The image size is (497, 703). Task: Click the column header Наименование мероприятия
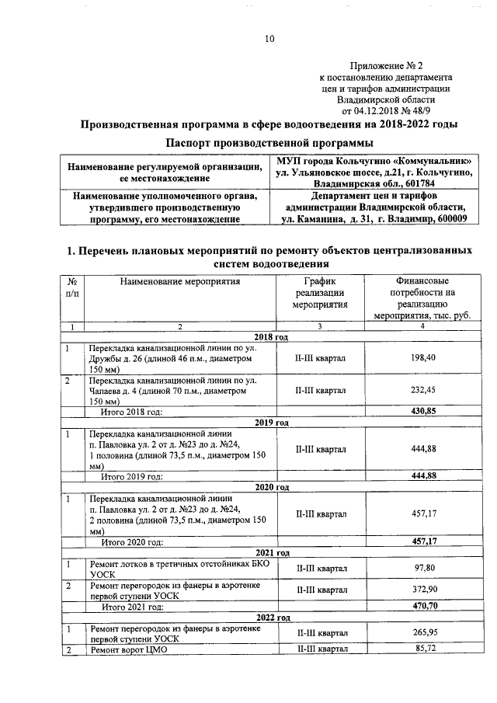(179, 281)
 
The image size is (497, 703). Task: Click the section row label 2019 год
(272, 422)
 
